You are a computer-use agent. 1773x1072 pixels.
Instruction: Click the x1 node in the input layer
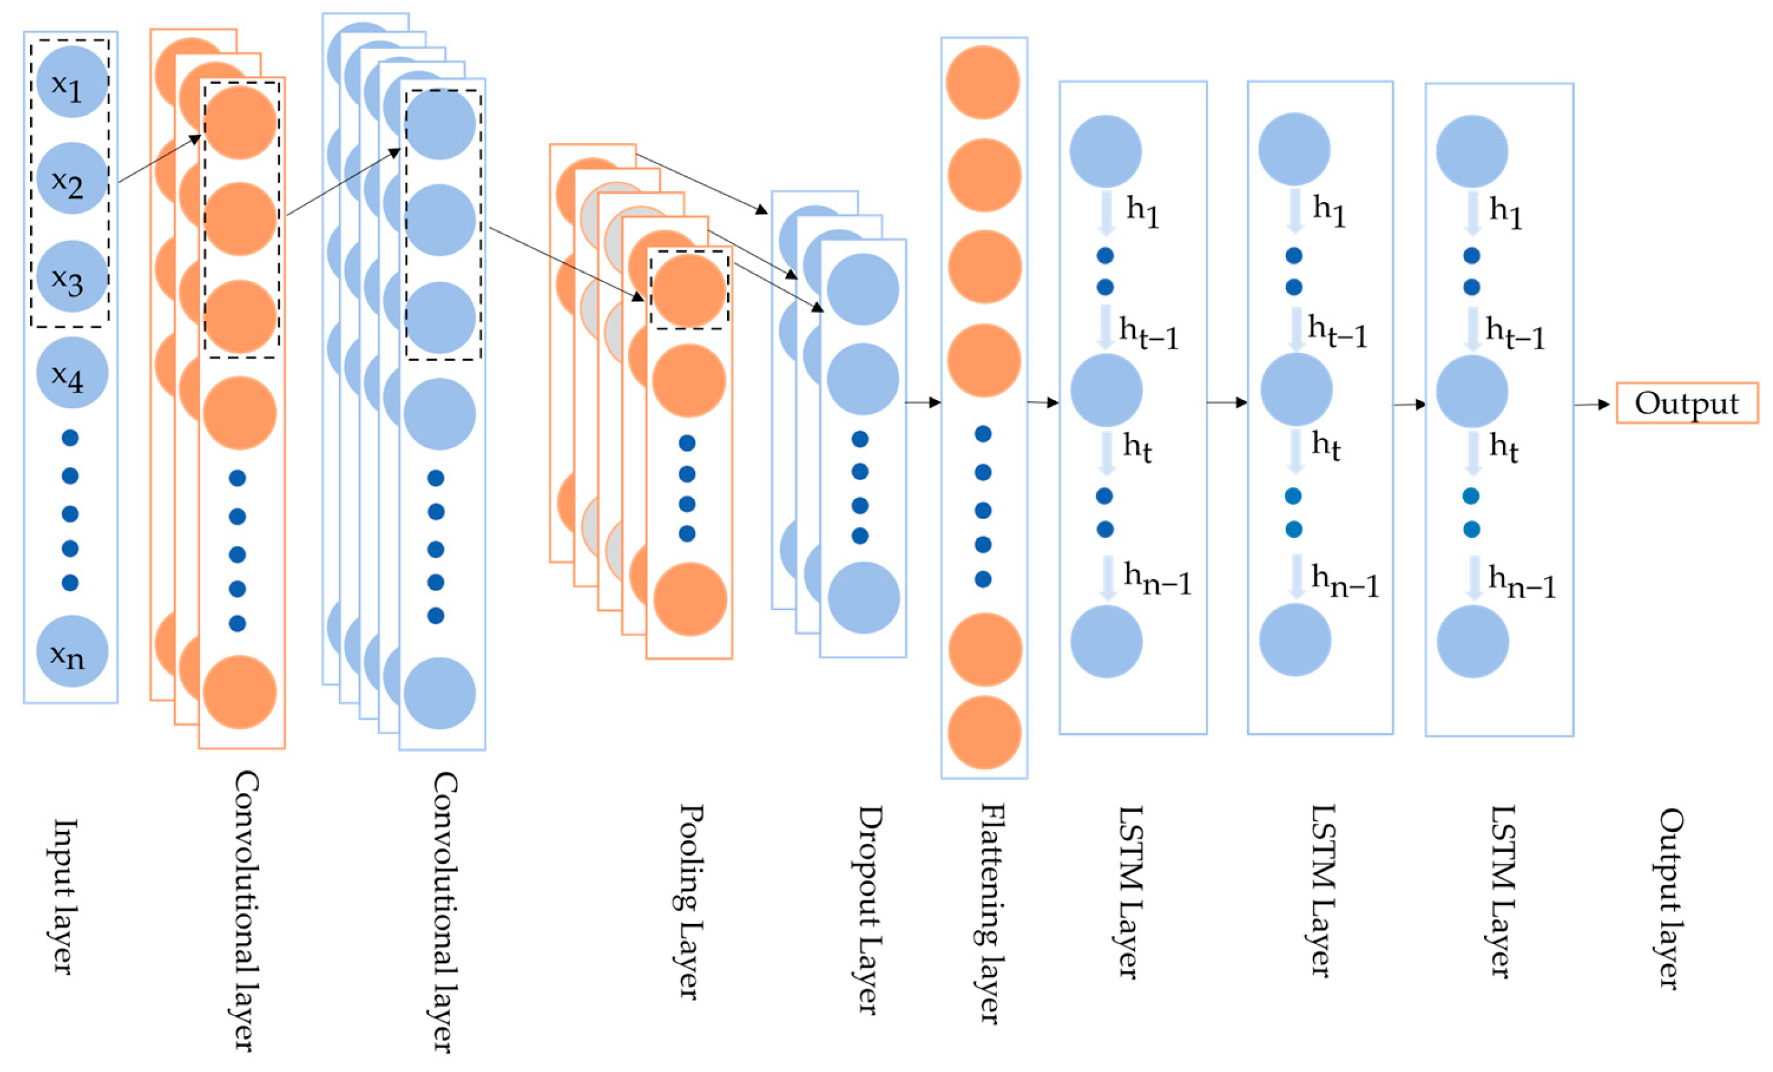point(71,82)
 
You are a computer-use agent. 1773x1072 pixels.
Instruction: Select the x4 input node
point(71,373)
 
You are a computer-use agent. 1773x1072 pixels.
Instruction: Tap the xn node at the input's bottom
point(71,651)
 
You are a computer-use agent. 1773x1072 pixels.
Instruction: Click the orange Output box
point(1687,403)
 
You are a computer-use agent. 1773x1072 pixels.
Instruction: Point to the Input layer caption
point(63,896)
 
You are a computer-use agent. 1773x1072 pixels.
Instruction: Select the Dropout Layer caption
point(869,909)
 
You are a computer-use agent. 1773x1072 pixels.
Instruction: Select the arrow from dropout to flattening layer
point(923,402)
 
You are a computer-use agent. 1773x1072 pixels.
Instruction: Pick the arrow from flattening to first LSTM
point(1043,402)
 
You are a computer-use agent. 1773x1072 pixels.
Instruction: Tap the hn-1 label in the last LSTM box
point(1522,583)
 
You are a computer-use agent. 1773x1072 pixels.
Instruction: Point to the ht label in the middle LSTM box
point(1326,446)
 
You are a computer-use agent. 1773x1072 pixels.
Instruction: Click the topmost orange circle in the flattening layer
point(983,82)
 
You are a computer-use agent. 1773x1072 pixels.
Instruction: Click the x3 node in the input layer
point(71,276)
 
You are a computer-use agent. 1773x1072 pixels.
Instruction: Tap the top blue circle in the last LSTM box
point(1472,151)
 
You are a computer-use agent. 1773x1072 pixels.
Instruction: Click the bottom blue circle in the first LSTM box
point(1106,641)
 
